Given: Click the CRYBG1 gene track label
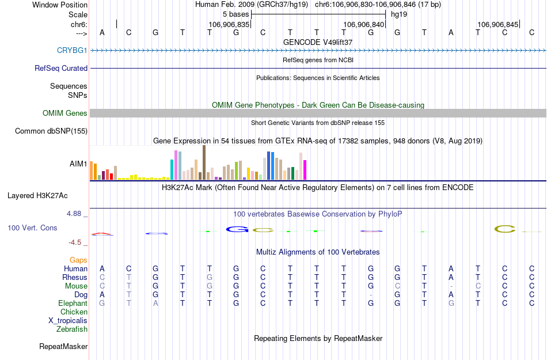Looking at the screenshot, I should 72,51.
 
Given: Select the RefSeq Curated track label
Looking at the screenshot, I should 61,68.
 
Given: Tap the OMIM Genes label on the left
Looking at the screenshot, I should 65,113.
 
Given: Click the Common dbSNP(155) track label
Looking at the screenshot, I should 51,131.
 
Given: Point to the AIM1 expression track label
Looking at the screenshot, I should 78,164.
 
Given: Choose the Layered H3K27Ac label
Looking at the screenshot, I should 47,195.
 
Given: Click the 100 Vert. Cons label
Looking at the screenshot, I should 32,228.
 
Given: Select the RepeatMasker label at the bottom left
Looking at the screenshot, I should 63,347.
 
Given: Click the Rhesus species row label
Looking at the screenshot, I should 75,278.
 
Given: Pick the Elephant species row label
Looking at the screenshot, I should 73,304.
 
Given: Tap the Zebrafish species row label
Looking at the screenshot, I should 72,329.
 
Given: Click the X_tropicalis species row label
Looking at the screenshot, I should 68,321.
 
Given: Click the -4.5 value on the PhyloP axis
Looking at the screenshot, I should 76,242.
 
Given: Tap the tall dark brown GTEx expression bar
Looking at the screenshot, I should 204,162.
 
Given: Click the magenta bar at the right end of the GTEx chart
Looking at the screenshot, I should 305,170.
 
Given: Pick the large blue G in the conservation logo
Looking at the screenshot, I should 237,229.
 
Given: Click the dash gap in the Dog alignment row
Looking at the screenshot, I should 371,295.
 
